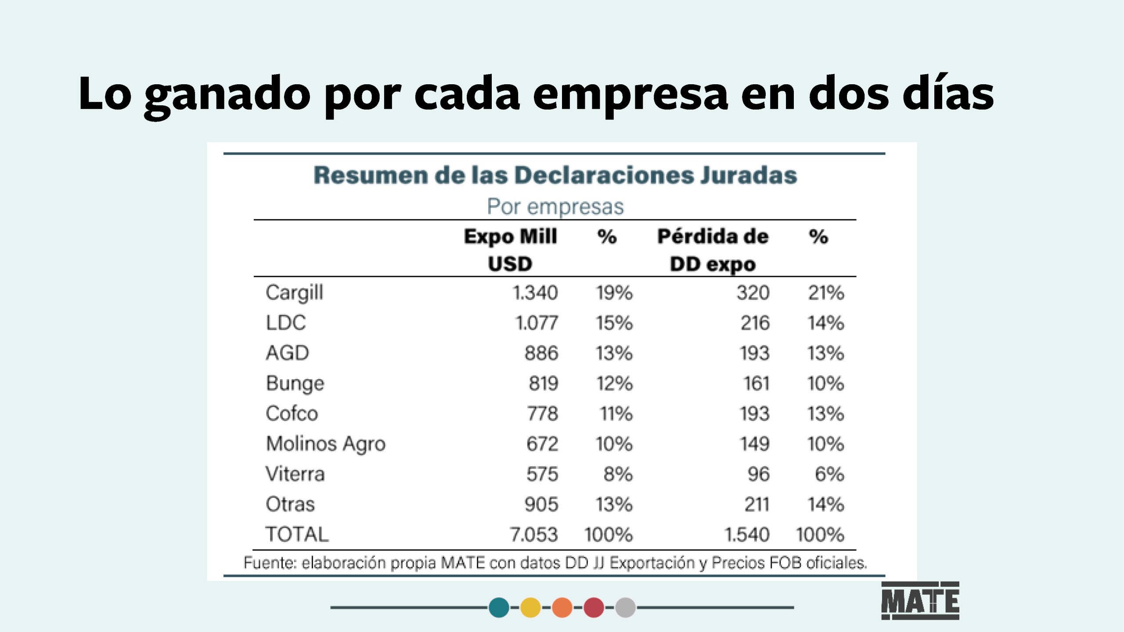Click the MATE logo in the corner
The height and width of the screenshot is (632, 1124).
(x=920, y=600)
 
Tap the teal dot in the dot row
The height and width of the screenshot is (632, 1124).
(x=499, y=607)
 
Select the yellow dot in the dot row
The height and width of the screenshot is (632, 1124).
(x=530, y=607)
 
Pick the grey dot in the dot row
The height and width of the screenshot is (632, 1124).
(x=625, y=607)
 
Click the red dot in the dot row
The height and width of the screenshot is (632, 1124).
(x=594, y=607)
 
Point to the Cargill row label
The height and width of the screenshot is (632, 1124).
(x=295, y=293)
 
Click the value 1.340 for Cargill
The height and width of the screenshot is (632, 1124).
(x=535, y=293)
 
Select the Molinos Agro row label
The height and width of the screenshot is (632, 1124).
(x=326, y=444)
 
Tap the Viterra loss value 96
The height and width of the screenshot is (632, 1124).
(x=758, y=474)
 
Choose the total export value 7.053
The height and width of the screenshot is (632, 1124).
(x=533, y=535)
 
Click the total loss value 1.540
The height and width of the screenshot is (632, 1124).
(x=747, y=535)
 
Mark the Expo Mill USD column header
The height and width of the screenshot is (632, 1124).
(x=510, y=250)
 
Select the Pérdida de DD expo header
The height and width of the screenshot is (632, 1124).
(x=713, y=250)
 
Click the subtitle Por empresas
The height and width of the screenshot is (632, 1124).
(x=555, y=206)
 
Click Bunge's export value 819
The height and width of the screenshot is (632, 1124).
(x=544, y=383)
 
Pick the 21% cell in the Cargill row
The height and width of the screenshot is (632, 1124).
(x=826, y=293)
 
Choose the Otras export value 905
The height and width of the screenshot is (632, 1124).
(x=541, y=504)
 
